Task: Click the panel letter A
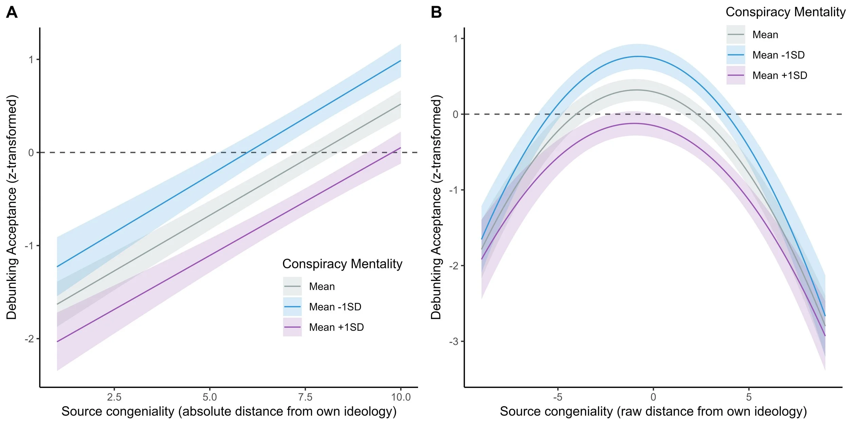pos(12,13)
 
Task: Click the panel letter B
pos(436,13)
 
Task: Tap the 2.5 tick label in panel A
pos(114,397)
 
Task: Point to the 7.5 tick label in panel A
pos(305,397)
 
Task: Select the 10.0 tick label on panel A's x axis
pos(401,397)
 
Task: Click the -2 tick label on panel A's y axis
pos(30,339)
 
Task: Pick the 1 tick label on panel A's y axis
pos(31,60)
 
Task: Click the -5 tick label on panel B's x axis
pos(557,397)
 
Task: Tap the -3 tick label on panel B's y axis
pos(454,342)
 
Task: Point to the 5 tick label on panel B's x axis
pos(748,397)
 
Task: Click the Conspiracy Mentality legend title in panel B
pos(785,12)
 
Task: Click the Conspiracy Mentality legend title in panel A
pos(342,264)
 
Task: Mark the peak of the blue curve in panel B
pos(638,56)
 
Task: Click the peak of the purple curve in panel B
pos(634,123)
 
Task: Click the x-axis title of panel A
pos(229,411)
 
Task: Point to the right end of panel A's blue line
pos(401,61)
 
